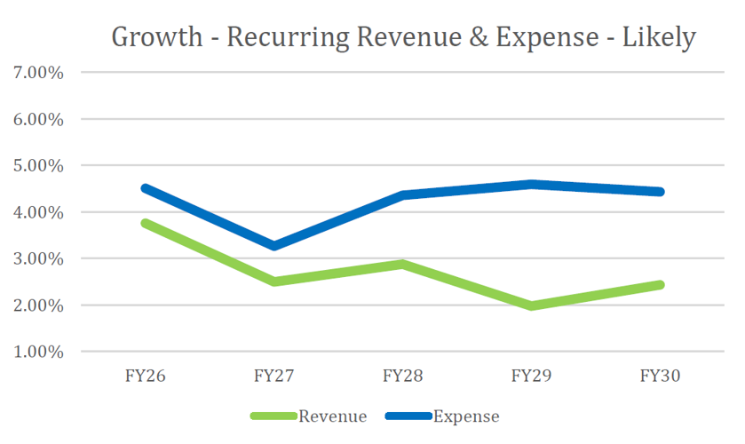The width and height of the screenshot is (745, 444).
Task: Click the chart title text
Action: (x=403, y=37)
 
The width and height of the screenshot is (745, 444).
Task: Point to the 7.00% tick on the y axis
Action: (x=38, y=72)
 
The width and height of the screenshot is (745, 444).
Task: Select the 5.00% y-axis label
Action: (x=38, y=165)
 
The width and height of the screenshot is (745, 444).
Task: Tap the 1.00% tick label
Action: (x=38, y=352)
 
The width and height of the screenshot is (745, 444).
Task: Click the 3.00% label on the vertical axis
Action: (x=38, y=258)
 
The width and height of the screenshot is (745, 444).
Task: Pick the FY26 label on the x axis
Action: (x=144, y=376)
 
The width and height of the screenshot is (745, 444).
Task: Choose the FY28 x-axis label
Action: (x=402, y=376)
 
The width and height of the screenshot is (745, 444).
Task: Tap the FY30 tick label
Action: (x=660, y=376)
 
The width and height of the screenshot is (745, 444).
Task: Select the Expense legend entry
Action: (x=465, y=416)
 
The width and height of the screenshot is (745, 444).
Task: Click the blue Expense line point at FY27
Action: (x=273, y=245)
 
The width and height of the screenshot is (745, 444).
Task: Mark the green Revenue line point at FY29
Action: (x=531, y=305)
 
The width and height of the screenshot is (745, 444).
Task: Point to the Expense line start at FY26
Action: (x=144, y=187)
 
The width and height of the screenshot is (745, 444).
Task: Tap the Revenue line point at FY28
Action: (x=402, y=264)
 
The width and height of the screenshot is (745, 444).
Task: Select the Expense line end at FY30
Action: (x=660, y=192)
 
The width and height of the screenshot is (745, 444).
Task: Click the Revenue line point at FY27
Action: (x=273, y=281)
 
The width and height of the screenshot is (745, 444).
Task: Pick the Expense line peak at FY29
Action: (x=531, y=184)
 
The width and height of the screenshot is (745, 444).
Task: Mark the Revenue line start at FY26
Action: (x=144, y=223)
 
